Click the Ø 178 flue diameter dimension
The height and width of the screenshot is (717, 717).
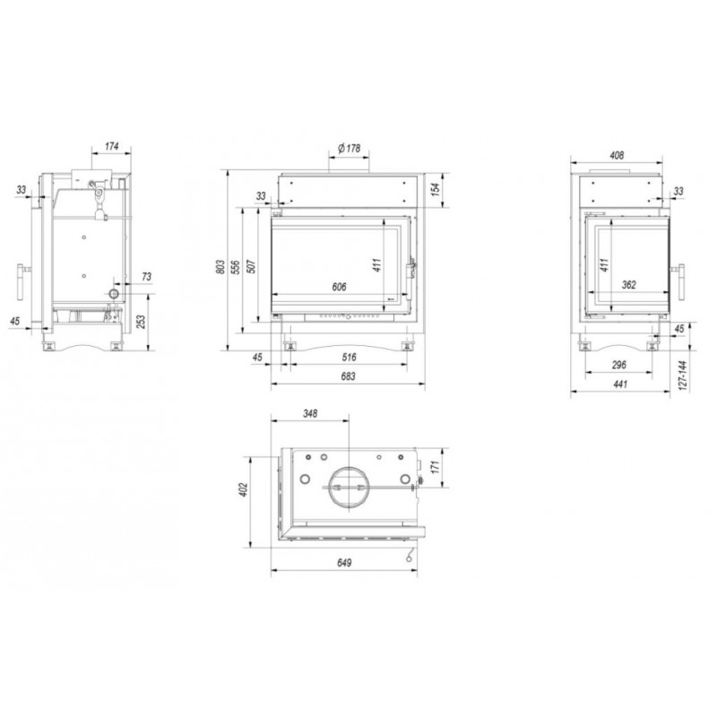349,148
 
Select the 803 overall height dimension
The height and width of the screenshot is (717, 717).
220,267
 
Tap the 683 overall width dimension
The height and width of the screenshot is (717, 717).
348,376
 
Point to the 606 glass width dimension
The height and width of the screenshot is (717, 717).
339,287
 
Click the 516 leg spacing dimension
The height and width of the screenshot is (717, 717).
349,357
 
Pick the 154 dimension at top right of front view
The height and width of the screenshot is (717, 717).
436,189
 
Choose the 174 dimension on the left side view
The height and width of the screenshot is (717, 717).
111,146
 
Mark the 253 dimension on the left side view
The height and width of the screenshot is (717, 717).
141,322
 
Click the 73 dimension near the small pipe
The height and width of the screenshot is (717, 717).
146,277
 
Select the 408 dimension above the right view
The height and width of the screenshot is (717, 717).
617,155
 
